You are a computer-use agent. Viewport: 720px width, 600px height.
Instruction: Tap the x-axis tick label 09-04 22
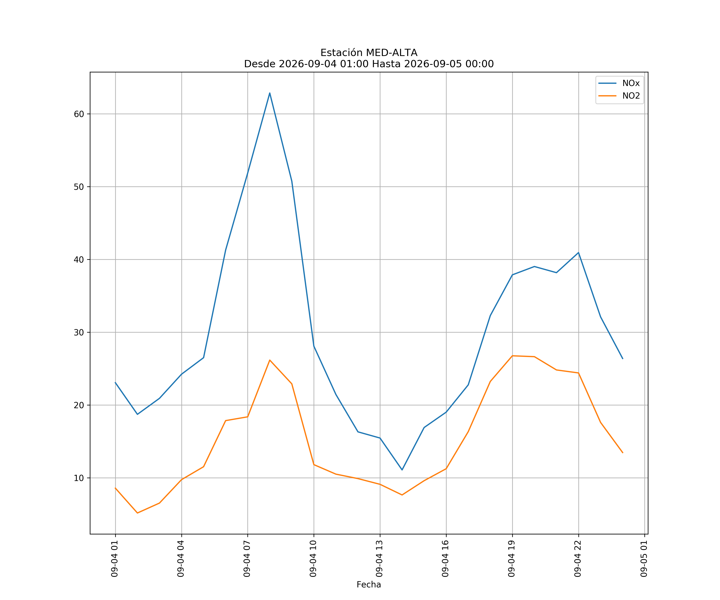point(578,559)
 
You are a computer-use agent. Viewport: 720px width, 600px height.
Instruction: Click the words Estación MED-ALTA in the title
point(369,53)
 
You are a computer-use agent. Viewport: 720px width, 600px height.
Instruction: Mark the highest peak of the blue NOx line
point(270,93)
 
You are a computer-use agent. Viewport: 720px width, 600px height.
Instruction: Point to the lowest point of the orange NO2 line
point(137,513)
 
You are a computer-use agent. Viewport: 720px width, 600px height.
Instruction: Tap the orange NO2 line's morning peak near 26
point(270,360)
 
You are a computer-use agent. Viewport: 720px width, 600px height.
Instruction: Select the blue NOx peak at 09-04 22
point(578,253)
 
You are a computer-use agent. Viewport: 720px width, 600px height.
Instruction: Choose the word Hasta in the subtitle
point(386,64)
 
